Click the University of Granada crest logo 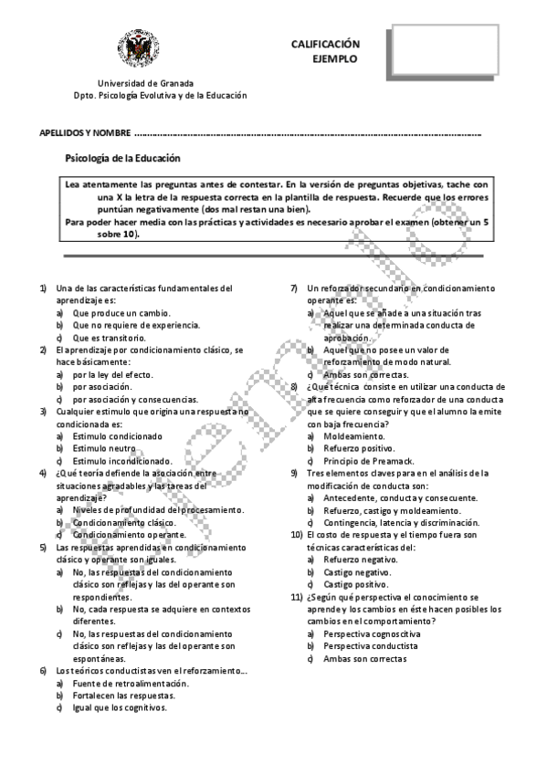click(x=137, y=51)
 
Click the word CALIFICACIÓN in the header click(x=325, y=44)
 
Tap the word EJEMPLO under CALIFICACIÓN click(x=335, y=58)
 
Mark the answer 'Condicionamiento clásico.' click(x=123, y=522)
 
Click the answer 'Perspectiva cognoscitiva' click(x=372, y=633)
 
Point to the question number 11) click(x=296, y=596)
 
